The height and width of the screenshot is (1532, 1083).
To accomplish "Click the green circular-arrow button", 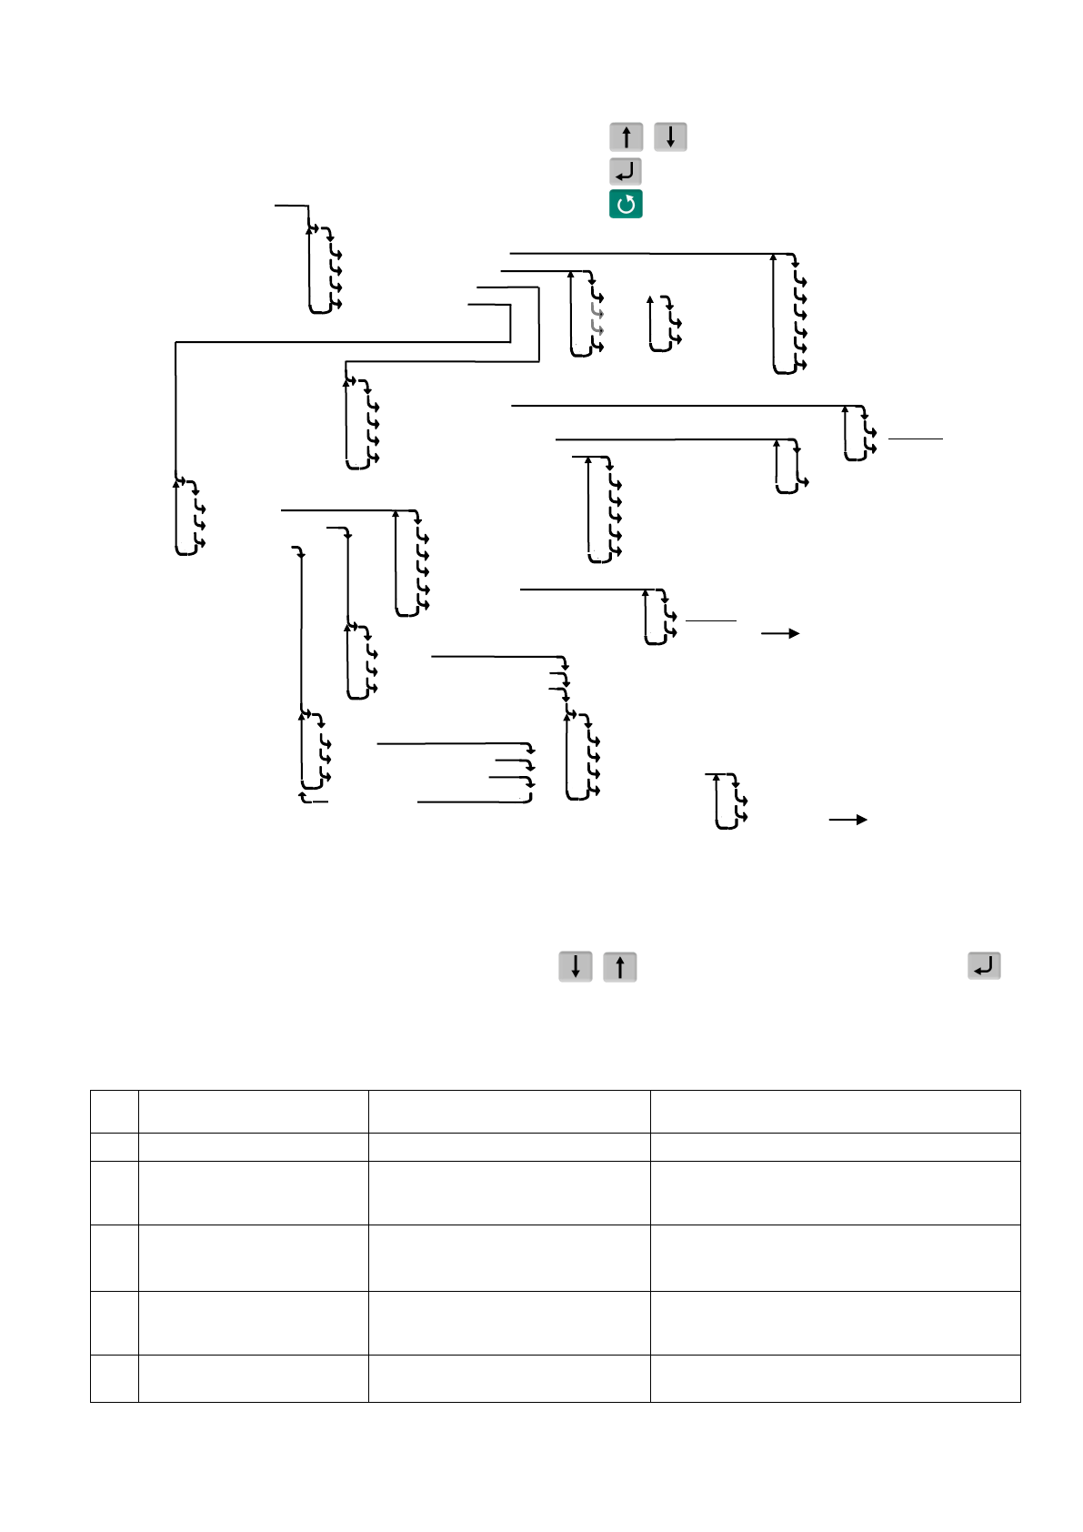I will click(626, 205).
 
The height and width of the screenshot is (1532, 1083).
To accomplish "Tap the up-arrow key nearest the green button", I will click(626, 137).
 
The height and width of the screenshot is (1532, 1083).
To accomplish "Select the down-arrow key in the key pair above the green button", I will click(670, 137).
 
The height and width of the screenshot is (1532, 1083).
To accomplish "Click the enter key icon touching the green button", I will click(626, 171).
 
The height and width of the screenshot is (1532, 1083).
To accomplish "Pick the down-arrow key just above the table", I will click(576, 966).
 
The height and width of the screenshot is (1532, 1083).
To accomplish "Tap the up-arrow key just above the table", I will click(620, 966).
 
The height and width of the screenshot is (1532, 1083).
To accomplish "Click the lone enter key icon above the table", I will click(985, 966).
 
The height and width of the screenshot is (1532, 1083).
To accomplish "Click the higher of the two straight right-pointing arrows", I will click(780, 633).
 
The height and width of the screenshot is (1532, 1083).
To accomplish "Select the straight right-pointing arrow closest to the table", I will click(847, 820).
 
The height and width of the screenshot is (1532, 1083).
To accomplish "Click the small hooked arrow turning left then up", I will click(306, 799).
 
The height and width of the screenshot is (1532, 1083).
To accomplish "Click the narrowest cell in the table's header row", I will click(115, 1111).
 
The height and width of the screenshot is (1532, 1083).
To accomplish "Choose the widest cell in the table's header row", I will click(835, 1111).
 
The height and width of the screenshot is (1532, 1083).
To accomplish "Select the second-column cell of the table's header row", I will click(253, 1111).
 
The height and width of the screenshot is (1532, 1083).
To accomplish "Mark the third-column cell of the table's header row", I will click(509, 1111).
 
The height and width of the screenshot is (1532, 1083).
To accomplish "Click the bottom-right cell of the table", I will click(835, 1378).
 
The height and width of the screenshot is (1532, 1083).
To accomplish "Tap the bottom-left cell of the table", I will click(115, 1378).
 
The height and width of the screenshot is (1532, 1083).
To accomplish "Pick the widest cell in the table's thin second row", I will click(835, 1146).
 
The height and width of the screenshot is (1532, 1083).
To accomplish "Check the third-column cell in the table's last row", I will click(509, 1378).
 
